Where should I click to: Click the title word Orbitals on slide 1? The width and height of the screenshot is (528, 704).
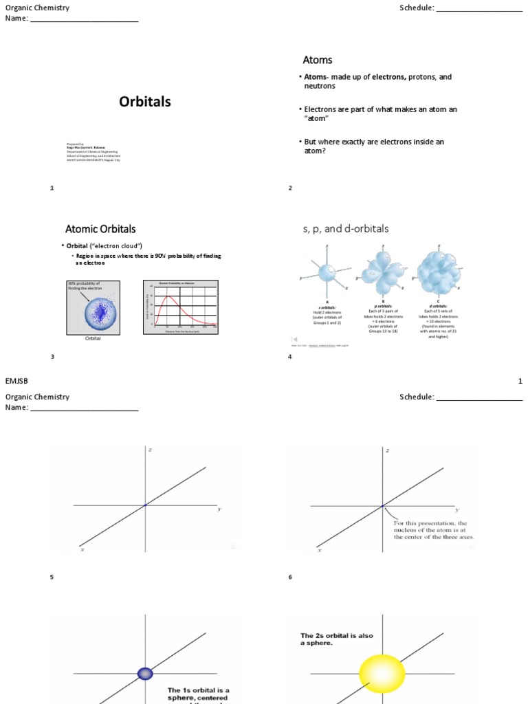point(144,102)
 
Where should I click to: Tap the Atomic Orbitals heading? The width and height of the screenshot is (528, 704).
point(100,229)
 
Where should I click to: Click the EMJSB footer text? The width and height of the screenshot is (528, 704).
point(16,381)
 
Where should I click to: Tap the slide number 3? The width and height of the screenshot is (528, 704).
point(52,357)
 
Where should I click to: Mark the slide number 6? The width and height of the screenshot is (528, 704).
point(290,577)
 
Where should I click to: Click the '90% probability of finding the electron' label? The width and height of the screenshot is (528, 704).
point(84,286)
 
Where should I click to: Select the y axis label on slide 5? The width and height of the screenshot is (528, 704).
point(219,509)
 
